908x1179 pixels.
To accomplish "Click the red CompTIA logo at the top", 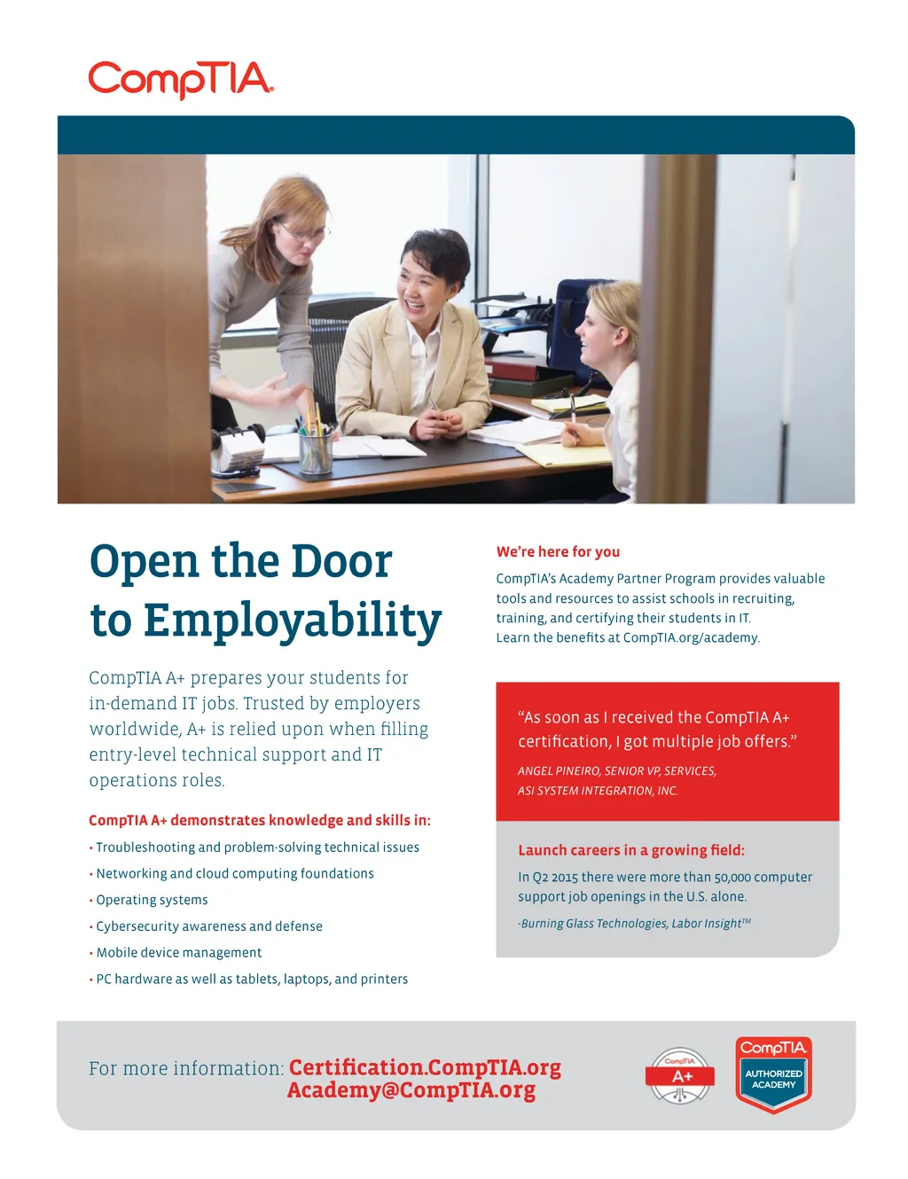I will [181, 79].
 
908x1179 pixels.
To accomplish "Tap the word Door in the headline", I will [341, 562].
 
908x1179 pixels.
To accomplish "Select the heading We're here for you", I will [558, 551].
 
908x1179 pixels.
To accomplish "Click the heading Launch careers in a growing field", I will [631, 850].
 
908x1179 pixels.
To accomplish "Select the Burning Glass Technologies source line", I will [634, 924].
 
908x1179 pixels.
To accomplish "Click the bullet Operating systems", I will [152, 900].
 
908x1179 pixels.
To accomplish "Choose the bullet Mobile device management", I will [178, 952].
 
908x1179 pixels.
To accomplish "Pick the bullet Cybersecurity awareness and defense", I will [209, 926].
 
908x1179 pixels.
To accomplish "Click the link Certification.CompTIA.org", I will [425, 1067].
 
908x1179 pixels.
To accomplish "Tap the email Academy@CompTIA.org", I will [411, 1090].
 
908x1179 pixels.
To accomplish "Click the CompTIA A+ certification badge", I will [680, 1076].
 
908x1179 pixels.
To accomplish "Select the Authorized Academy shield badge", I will [773, 1074].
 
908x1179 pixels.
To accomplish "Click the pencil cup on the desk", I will [315, 448].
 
